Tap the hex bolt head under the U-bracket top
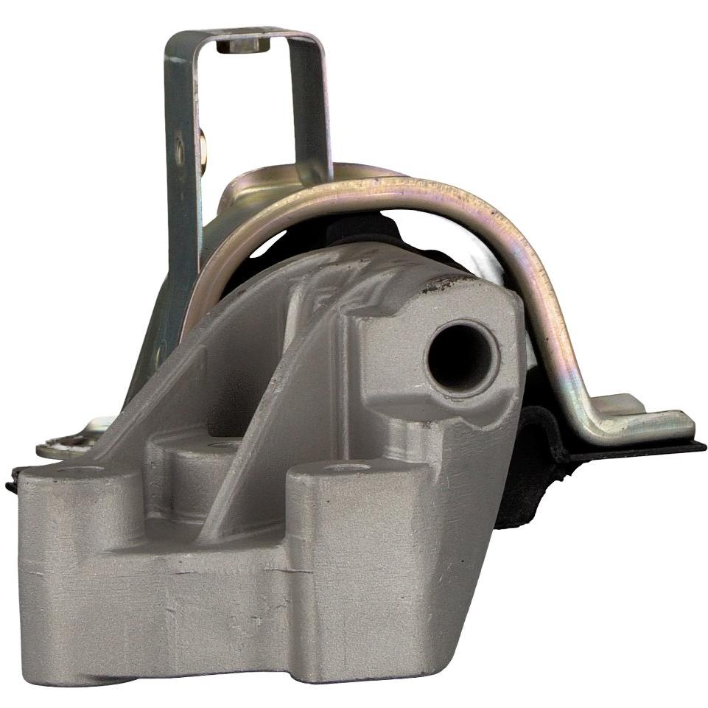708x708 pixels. pos(238,46)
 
